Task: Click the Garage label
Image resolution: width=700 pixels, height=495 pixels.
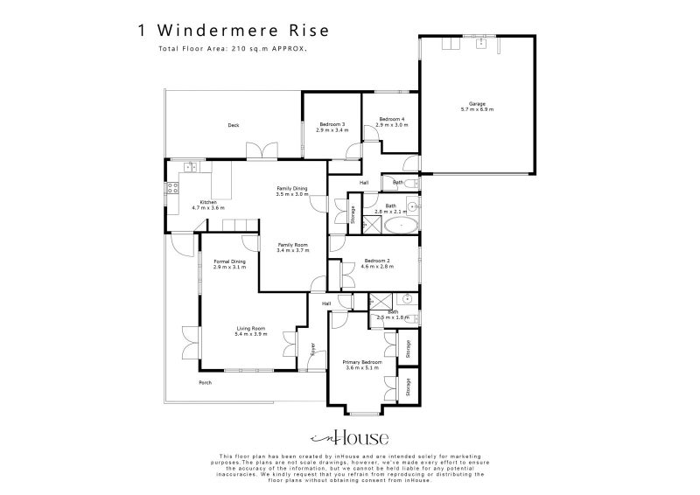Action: click(x=476, y=104)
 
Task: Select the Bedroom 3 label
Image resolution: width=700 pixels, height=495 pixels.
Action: click(x=332, y=124)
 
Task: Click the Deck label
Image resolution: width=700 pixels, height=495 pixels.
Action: click(x=234, y=126)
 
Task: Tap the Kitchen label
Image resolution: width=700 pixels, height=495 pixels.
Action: click(x=207, y=202)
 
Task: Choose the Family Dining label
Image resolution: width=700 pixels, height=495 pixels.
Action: click(x=292, y=188)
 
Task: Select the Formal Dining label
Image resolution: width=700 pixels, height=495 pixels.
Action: click(x=229, y=261)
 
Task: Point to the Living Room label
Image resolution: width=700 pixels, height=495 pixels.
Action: click(x=250, y=328)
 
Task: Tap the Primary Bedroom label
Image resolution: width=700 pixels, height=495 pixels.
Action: click(x=361, y=361)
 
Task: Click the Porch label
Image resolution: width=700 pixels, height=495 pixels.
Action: click(x=206, y=383)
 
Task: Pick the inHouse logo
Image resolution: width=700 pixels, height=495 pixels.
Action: click(x=350, y=438)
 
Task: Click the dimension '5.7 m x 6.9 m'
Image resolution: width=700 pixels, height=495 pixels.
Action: click(x=476, y=109)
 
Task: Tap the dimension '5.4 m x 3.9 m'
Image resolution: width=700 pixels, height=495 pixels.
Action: click(x=250, y=334)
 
